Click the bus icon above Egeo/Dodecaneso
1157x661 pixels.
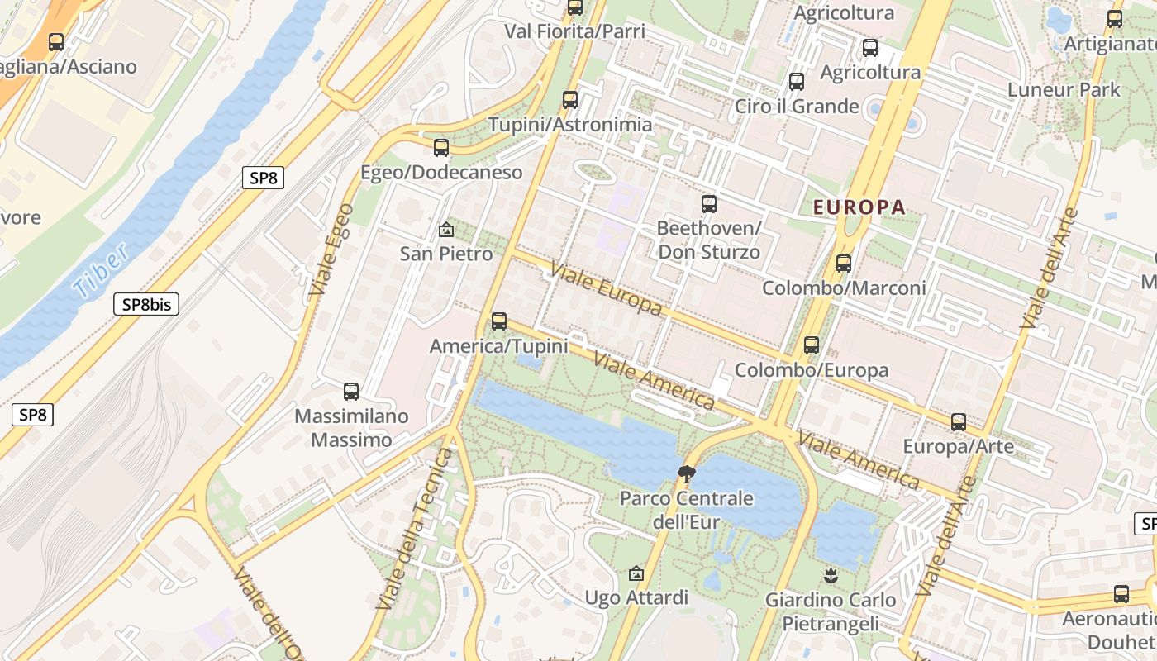pos(441,148)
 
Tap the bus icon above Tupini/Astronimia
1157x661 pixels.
pos(570,100)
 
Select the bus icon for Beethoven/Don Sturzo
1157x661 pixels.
pos(709,204)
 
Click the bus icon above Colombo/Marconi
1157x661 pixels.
pos(844,264)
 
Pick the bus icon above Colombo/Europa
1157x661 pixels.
pos(812,345)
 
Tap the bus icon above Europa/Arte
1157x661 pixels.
pos(959,422)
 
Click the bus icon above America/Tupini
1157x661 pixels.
pos(499,321)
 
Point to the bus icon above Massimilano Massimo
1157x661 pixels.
pos(351,392)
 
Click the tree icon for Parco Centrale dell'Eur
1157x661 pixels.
pos(686,474)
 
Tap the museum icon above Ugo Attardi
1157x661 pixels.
pos(636,573)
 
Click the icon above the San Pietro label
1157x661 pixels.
pos(446,229)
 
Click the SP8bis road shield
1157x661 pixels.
pos(146,304)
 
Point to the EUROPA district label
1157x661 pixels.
pos(859,207)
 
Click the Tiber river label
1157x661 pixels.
pos(100,270)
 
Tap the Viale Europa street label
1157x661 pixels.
pos(606,289)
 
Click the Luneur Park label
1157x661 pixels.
pos(1064,89)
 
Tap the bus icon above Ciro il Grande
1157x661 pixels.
pos(797,82)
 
